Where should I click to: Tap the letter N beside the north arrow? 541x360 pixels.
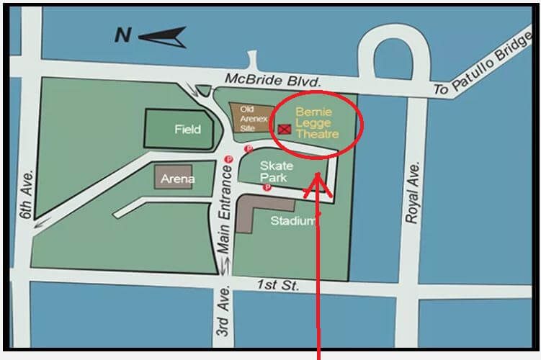point(123,35)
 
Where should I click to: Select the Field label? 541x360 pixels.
point(188,130)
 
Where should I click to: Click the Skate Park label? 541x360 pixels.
point(273,171)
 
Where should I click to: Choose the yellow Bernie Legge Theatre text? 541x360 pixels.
point(318,123)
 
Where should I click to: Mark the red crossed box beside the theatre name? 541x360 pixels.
point(285,128)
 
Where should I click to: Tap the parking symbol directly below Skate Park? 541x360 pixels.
point(267,188)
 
